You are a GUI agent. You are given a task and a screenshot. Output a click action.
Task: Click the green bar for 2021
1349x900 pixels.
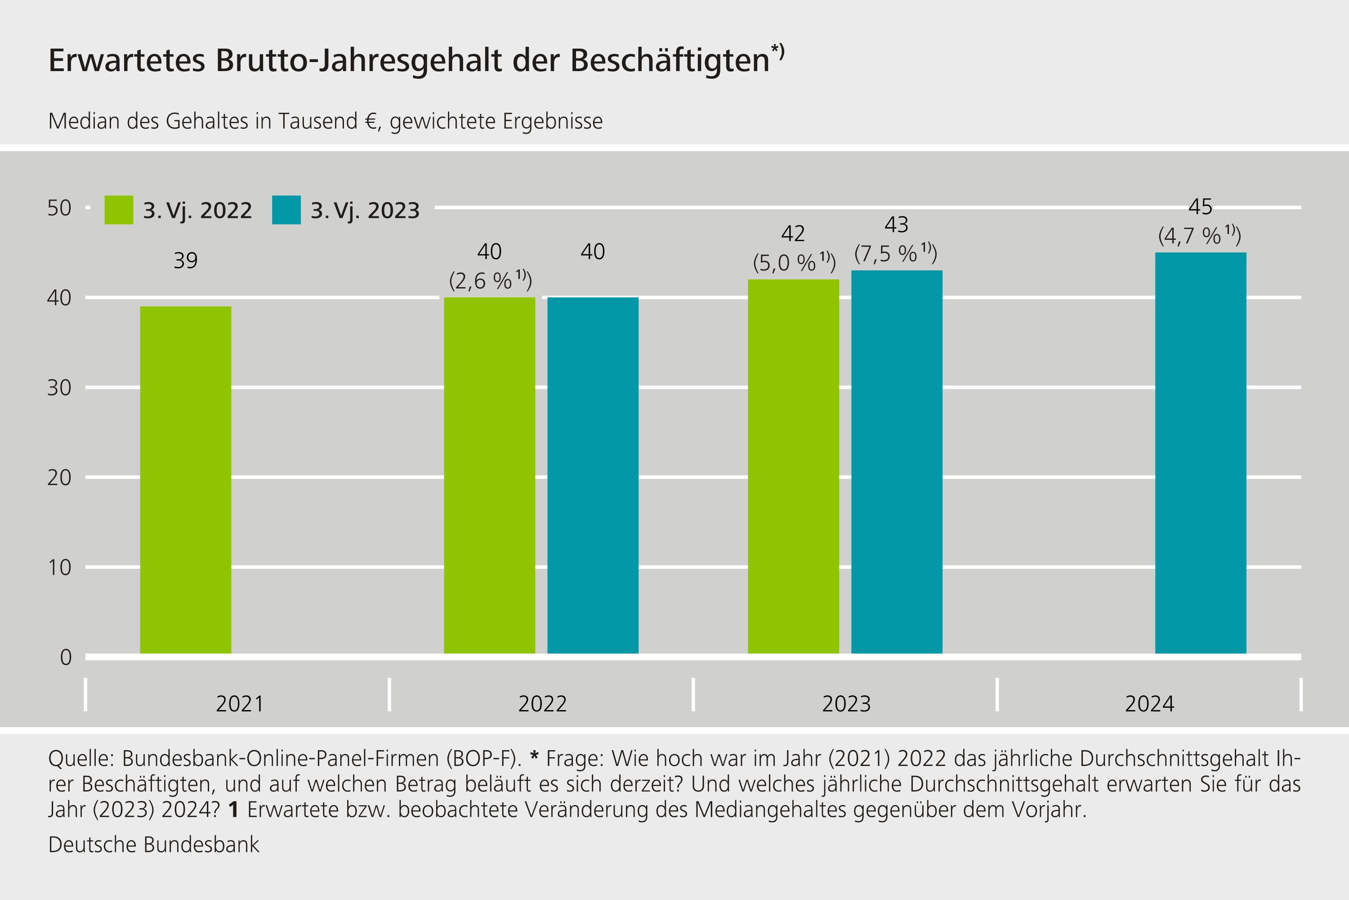pyautogui.click(x=185, y=479)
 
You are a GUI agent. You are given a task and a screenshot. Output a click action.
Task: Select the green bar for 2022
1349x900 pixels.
pyautogui.click(x=489, y=475)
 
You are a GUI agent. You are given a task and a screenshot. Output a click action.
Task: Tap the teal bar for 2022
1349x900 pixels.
pyautogui.click(x=593, y=475)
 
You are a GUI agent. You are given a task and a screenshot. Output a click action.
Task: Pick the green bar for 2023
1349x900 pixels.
pyautogui.click(x=793, y=466)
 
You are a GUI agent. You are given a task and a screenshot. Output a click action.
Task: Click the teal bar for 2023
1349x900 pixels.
pyautogui.click(x=897, y=462)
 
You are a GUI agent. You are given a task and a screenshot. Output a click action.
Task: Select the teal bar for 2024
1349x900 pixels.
pyautogui.click(x=1201, y=452)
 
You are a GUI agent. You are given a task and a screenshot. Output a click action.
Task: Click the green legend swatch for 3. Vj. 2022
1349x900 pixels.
pyautogui.click(x=119, y=210)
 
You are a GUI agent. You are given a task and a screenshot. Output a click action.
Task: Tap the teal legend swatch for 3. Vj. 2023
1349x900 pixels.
pyautogui.click(x=286, y=210)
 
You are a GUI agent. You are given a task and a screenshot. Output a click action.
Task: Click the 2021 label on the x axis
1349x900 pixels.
pyautogui.click(x=239, y=704)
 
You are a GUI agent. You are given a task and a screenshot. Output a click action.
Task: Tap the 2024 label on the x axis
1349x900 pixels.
pyautogui.click(x=1149, y=704)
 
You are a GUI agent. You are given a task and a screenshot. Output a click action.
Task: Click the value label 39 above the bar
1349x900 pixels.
pyautogui.click(x=185, y=261)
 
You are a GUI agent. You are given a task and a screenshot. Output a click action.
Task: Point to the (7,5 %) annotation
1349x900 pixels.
pyautogui.click(x=895, y=253)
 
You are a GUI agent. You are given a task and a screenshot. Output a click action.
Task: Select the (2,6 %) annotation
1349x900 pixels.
pyautogui.click(x=490, y=281)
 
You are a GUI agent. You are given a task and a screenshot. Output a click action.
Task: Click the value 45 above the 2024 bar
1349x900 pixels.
pyautogui.click(x=1200, y=207)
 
